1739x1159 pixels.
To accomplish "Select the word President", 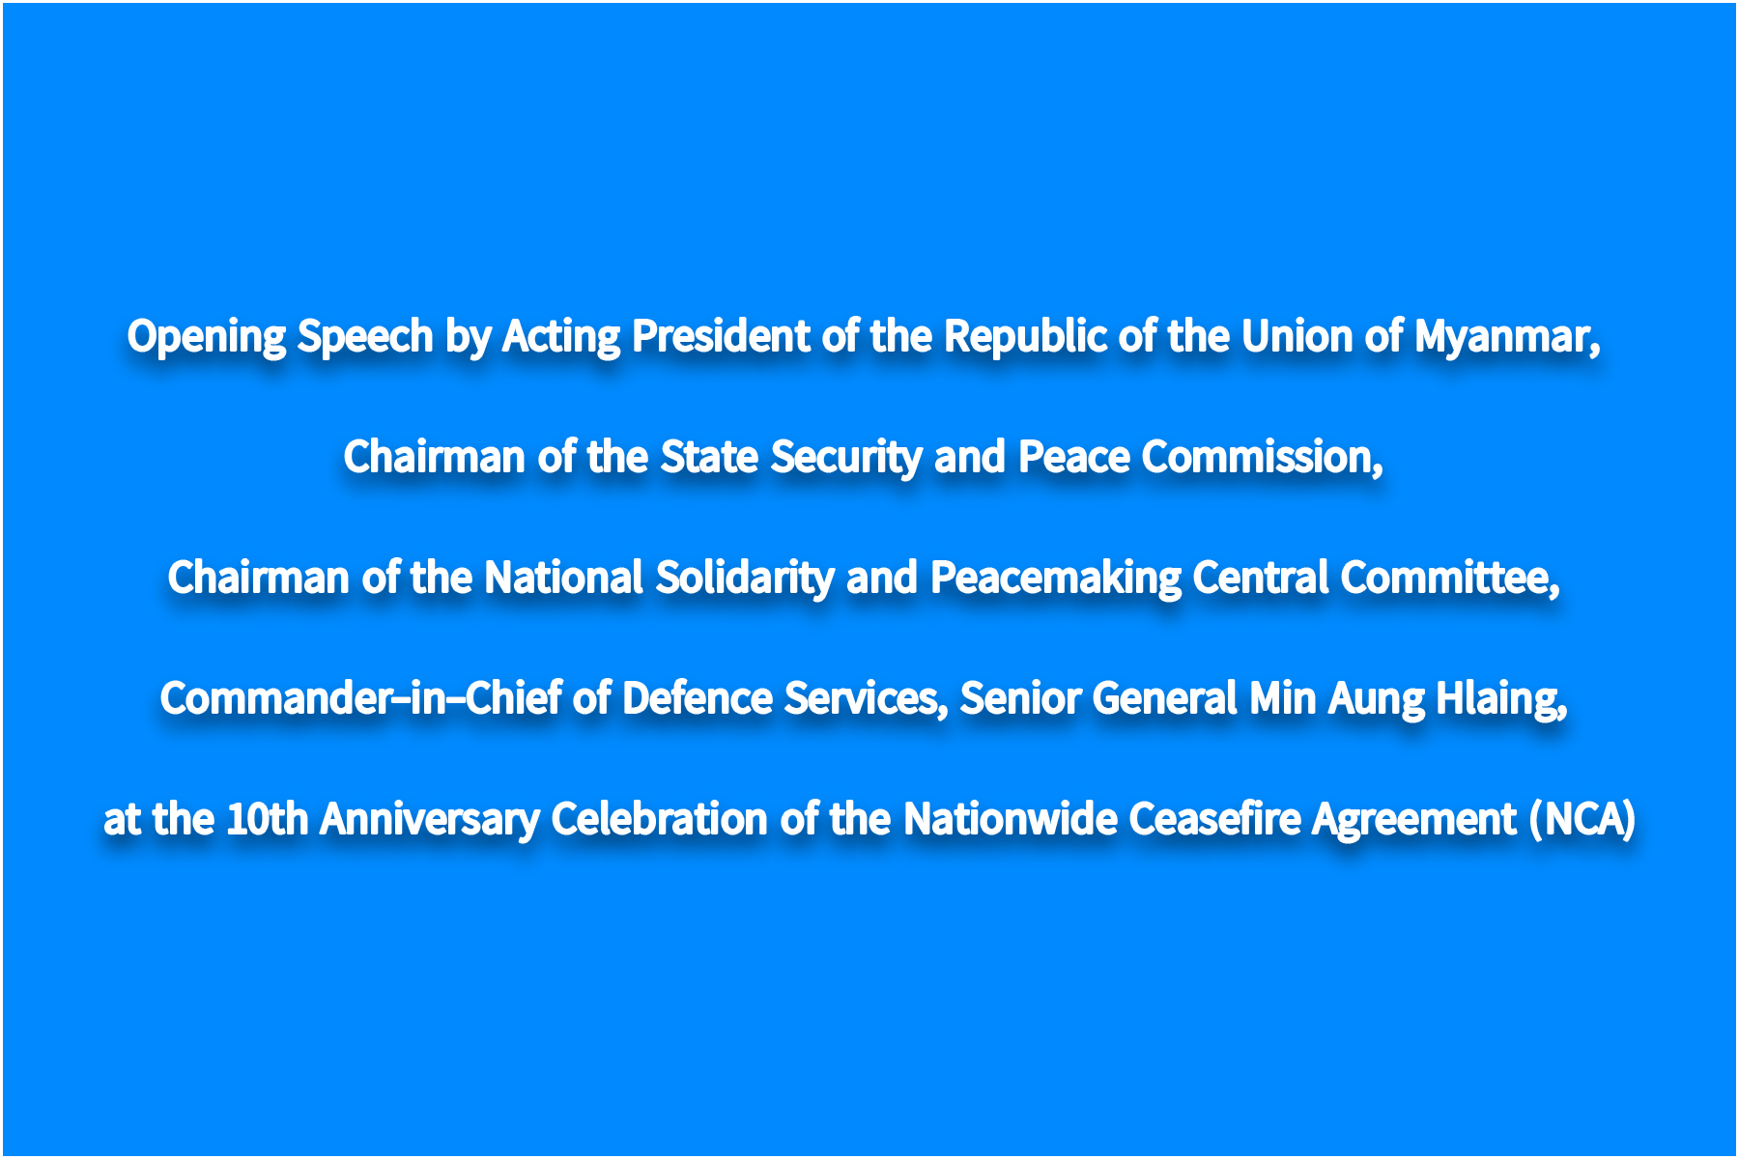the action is [721, 336].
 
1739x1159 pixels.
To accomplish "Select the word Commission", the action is [1260, 457].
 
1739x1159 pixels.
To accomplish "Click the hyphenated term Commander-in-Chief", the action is [360, 698].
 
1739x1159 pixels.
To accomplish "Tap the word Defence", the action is [698, 698].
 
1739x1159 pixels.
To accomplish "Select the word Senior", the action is [1020, 698].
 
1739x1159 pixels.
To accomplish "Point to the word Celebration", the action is [660, 819].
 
